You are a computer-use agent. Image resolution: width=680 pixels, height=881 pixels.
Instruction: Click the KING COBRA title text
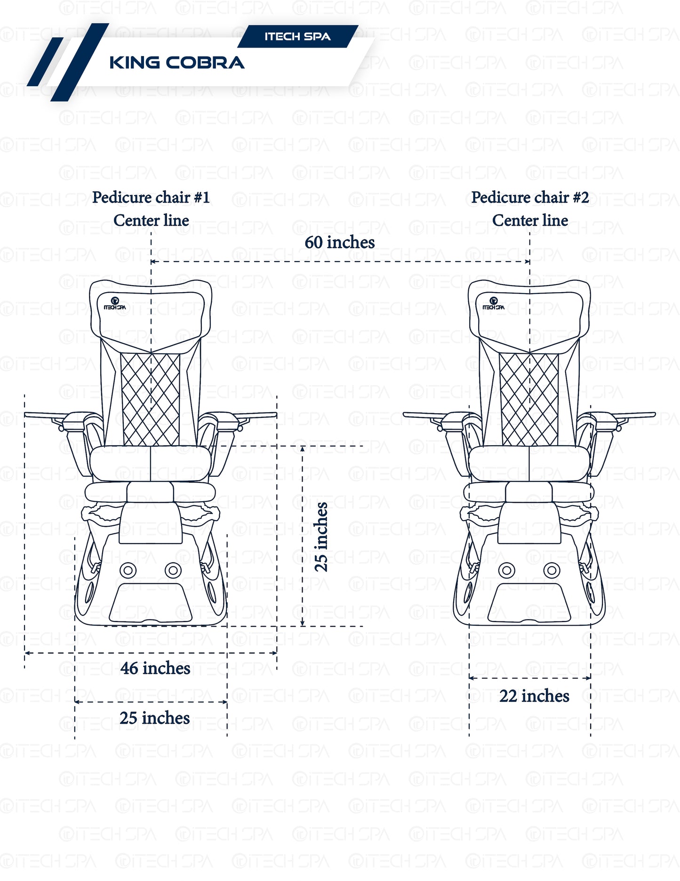[x=176, y=63]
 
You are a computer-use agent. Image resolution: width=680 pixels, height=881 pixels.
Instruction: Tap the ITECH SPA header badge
[x=297, y=37]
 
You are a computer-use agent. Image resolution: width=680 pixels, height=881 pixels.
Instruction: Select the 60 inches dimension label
[x=339, y=243]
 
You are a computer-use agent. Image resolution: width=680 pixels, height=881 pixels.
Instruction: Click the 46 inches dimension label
[x=155, y=668]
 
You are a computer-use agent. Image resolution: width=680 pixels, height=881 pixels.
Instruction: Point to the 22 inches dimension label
[x=534, y=696]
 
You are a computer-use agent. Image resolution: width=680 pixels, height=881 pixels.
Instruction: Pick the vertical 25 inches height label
[x=321, y=537]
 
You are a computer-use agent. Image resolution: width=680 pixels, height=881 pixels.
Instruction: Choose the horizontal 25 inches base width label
[x=154, y=718]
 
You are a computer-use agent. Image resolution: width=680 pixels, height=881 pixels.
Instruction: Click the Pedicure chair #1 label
[x=151, y=197]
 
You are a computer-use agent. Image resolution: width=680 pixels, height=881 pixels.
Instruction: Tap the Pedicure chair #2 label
[x=530, y=197]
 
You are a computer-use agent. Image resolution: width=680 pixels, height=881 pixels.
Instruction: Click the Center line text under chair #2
[x=530, y=220]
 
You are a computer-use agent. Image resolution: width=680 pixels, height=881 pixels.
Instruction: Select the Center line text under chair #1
[x=151, y=220]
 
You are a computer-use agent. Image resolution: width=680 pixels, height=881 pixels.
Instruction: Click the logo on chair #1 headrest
[x=115, y=303]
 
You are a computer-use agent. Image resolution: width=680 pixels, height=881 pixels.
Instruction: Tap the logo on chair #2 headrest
[x=493, y=303]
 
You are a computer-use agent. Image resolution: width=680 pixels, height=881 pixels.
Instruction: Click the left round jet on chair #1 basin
[x=128, y=571]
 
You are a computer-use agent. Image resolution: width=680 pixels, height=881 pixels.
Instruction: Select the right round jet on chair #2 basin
[x=552, y=571]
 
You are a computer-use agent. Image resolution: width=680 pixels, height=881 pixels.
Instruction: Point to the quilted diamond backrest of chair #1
[x=151, y=399]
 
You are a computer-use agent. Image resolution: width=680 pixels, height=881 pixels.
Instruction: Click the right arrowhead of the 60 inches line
[x=528, y=261]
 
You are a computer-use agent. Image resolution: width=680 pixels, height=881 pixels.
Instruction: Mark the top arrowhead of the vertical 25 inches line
[x=303, y=449]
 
